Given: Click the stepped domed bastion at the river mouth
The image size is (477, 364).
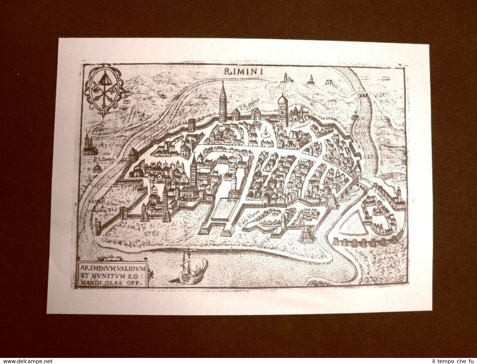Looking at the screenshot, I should [306, 234].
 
